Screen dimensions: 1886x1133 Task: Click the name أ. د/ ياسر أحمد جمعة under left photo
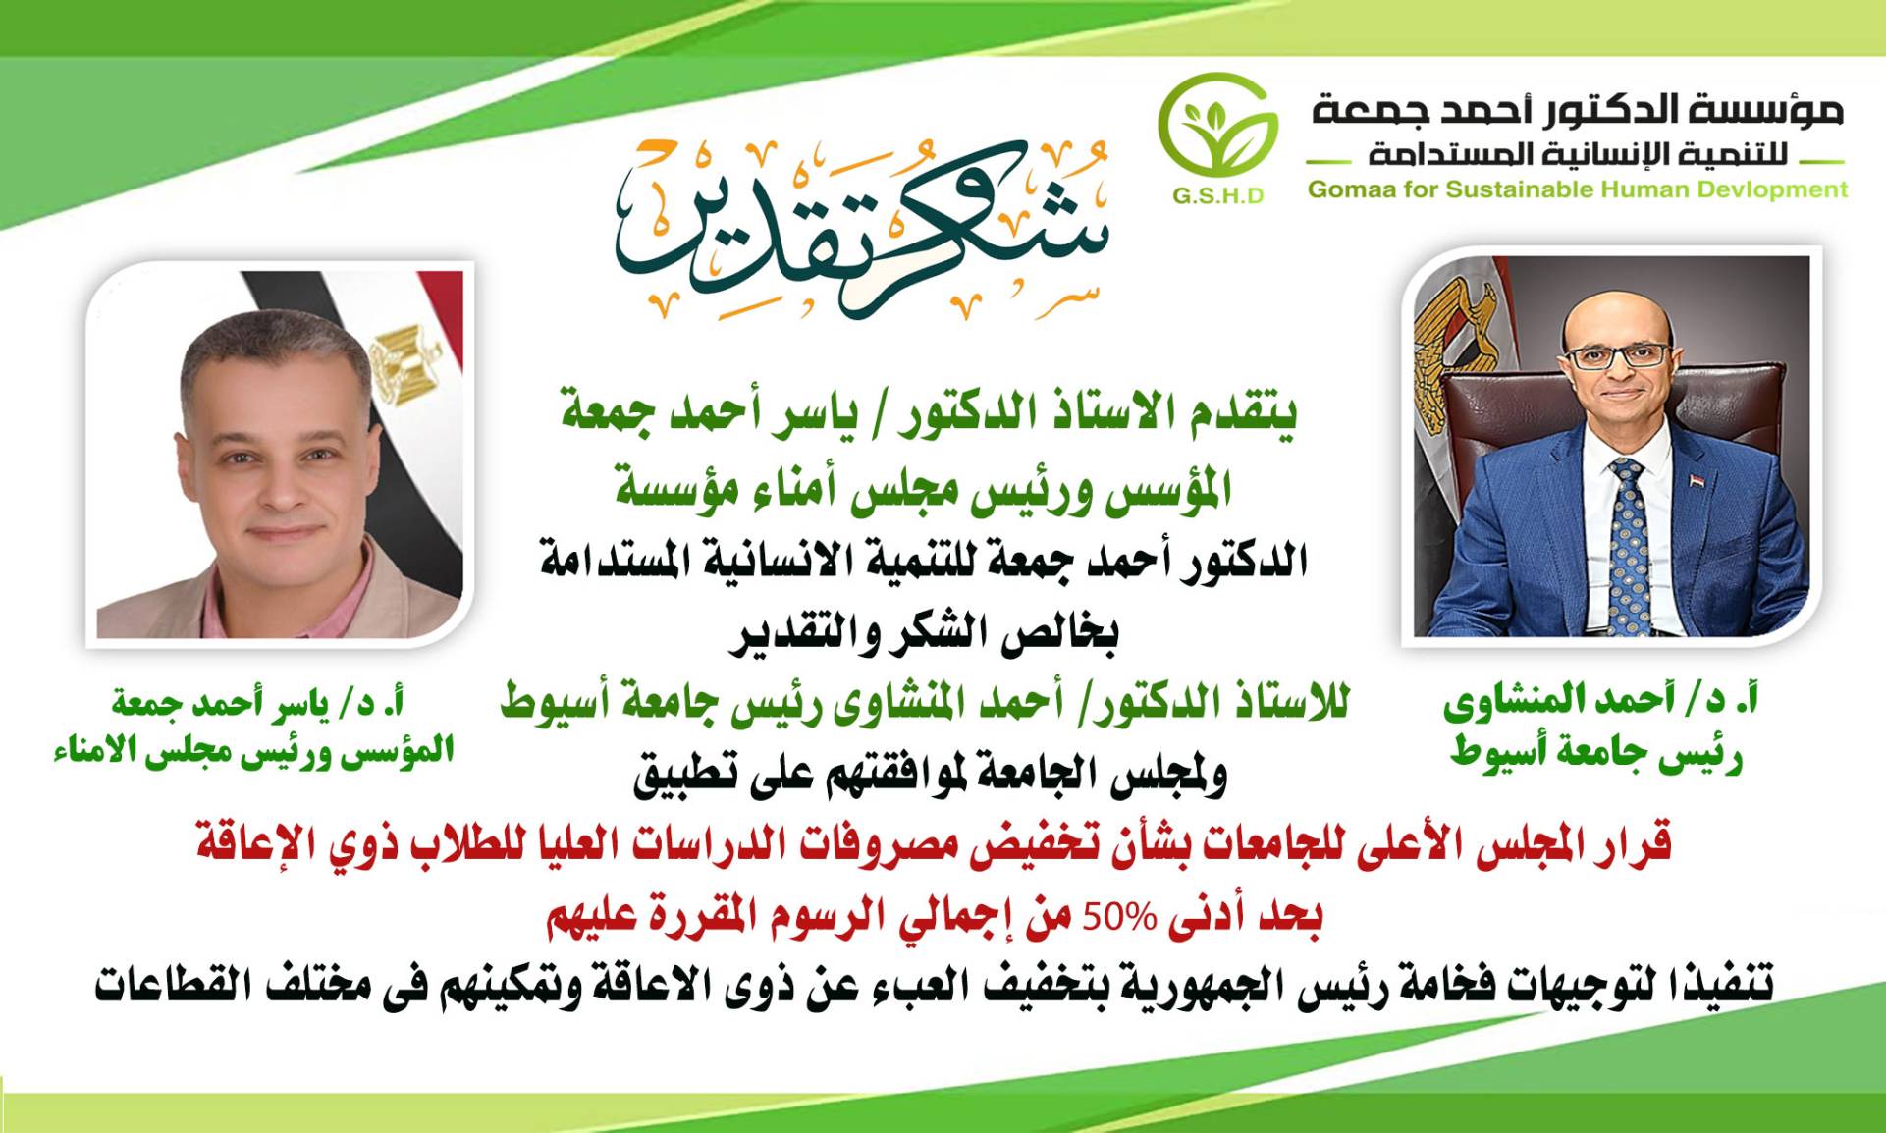[x=258, y=704]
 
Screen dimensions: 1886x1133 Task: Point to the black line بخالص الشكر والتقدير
[x=925, y=633]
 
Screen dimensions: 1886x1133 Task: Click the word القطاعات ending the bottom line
[x=168, y=985]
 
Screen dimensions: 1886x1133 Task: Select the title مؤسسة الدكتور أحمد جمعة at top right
[x=1579, y=111]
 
